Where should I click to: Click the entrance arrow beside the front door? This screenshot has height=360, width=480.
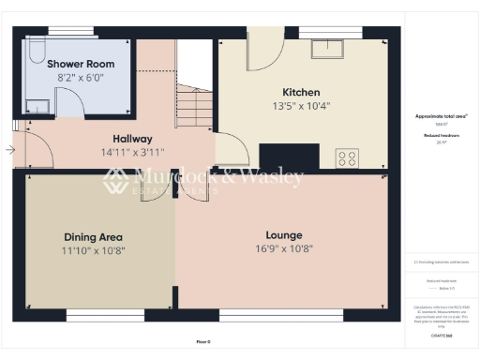pyautogui.click(x=9, y=149)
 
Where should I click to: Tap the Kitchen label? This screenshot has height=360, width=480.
pyautogui.click(x=301, y=92)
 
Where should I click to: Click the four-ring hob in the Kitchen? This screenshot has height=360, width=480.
pyautogui.click(x=347, y=157)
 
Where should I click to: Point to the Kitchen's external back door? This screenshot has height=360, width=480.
pyautogui.click(x=264, y=47)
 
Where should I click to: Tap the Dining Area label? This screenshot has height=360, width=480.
pyautogui.click(x=93, y=237)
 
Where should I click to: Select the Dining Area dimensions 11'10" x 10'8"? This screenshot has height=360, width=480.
pyautogui.click(x=93, y=250)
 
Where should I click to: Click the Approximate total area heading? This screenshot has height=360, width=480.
pyautogui.click(x=441, y=115)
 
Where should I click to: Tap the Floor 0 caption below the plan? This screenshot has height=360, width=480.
pyautogui.click(x=202, y=342)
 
